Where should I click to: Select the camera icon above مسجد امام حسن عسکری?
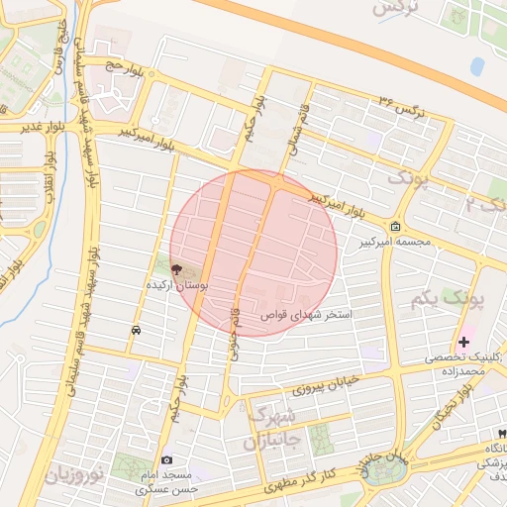coord(166,460)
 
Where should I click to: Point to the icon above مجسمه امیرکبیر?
coord(396,227)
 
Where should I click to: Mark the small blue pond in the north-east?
coord(478,66)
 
